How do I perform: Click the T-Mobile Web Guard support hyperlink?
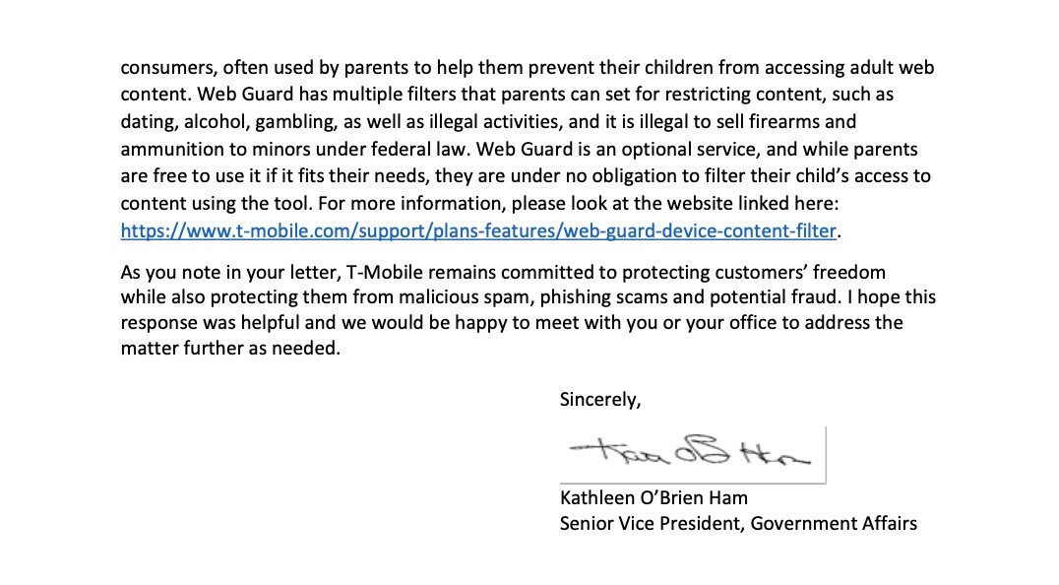[x=478, y=230]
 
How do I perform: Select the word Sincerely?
[x=599, y=399]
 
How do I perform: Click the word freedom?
[x=850, y=271]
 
